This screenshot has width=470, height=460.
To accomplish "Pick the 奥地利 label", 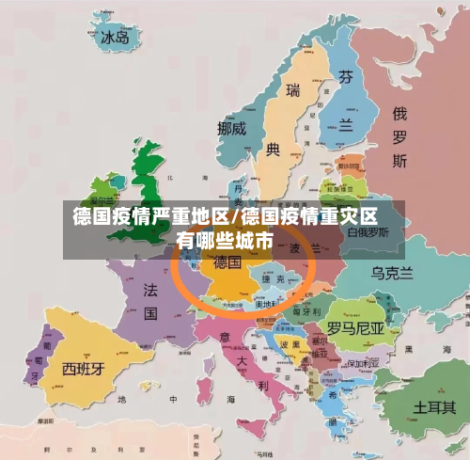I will click(x=267, y=304).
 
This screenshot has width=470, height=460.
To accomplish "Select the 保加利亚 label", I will click(x=362, y=362).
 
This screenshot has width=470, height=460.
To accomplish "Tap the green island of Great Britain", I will click(x=151, y=183).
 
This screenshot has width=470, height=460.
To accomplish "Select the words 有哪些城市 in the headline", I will click(x=225, y=242).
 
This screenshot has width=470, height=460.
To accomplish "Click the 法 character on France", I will click(x=149, y=291).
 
